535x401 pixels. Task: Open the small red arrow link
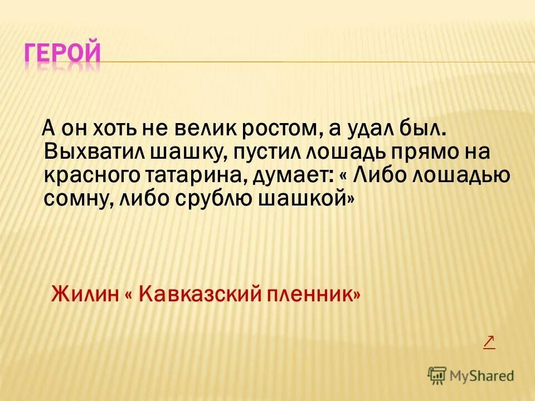tap(489, 341)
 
